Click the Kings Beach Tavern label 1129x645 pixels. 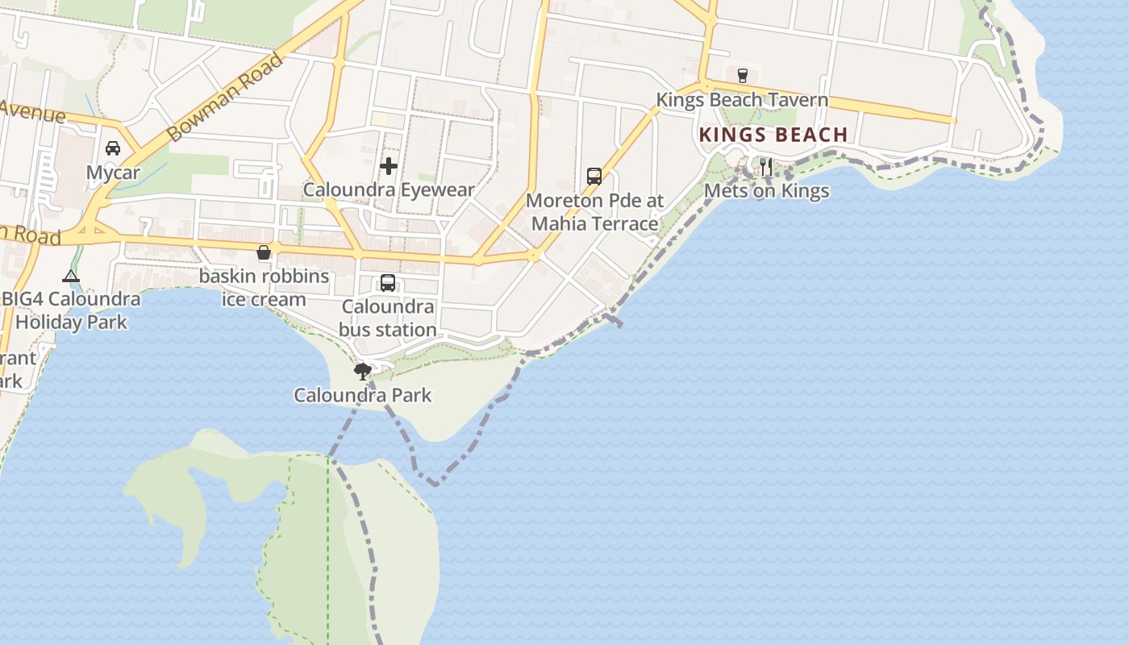(742, 100)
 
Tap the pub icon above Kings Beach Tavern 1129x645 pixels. (742, 75)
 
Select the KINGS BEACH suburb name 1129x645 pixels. (773, 135)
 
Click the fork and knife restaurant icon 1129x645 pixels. (766, 167)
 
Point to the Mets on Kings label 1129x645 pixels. (766, 191)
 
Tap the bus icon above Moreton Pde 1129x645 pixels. (594, 176)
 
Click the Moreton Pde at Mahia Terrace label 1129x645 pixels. (595, 211)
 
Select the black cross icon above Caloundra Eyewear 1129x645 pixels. (389, 166)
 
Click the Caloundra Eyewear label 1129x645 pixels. (389, 190)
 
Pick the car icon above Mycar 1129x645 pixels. (113, 148)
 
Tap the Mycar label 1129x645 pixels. (113, 173)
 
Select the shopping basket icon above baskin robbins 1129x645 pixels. (264, 252)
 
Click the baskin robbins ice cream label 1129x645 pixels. (264, 288)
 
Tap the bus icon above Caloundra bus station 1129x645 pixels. (388, 283)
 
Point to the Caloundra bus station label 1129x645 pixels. (388, 318)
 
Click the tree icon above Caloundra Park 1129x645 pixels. (363, 371)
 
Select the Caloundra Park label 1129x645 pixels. (363, 395)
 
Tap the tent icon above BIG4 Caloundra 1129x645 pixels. (71, 277)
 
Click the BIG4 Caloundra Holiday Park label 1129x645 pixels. (71, 310)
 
